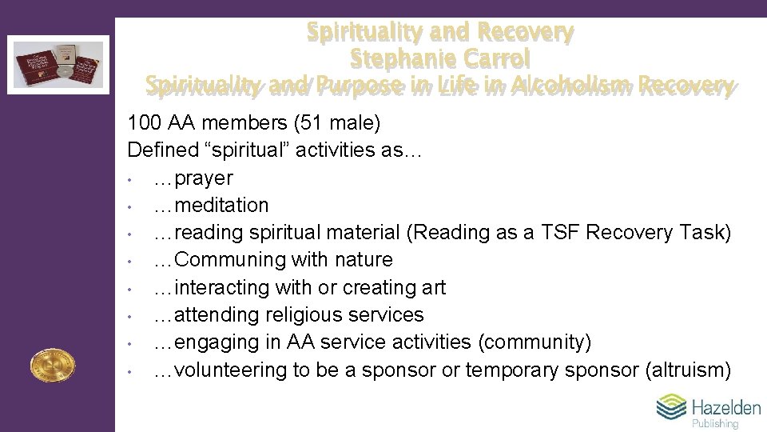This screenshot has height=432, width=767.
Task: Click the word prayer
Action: point(203,178)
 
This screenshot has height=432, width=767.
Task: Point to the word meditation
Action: point(221,206)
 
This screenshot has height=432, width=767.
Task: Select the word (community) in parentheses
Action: point(535,342)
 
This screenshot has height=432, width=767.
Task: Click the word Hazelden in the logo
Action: point(725,407)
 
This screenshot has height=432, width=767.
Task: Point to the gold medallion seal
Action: point(52,366)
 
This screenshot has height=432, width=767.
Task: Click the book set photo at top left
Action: point(59,64)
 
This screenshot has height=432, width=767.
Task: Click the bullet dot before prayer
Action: point(129,178)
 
